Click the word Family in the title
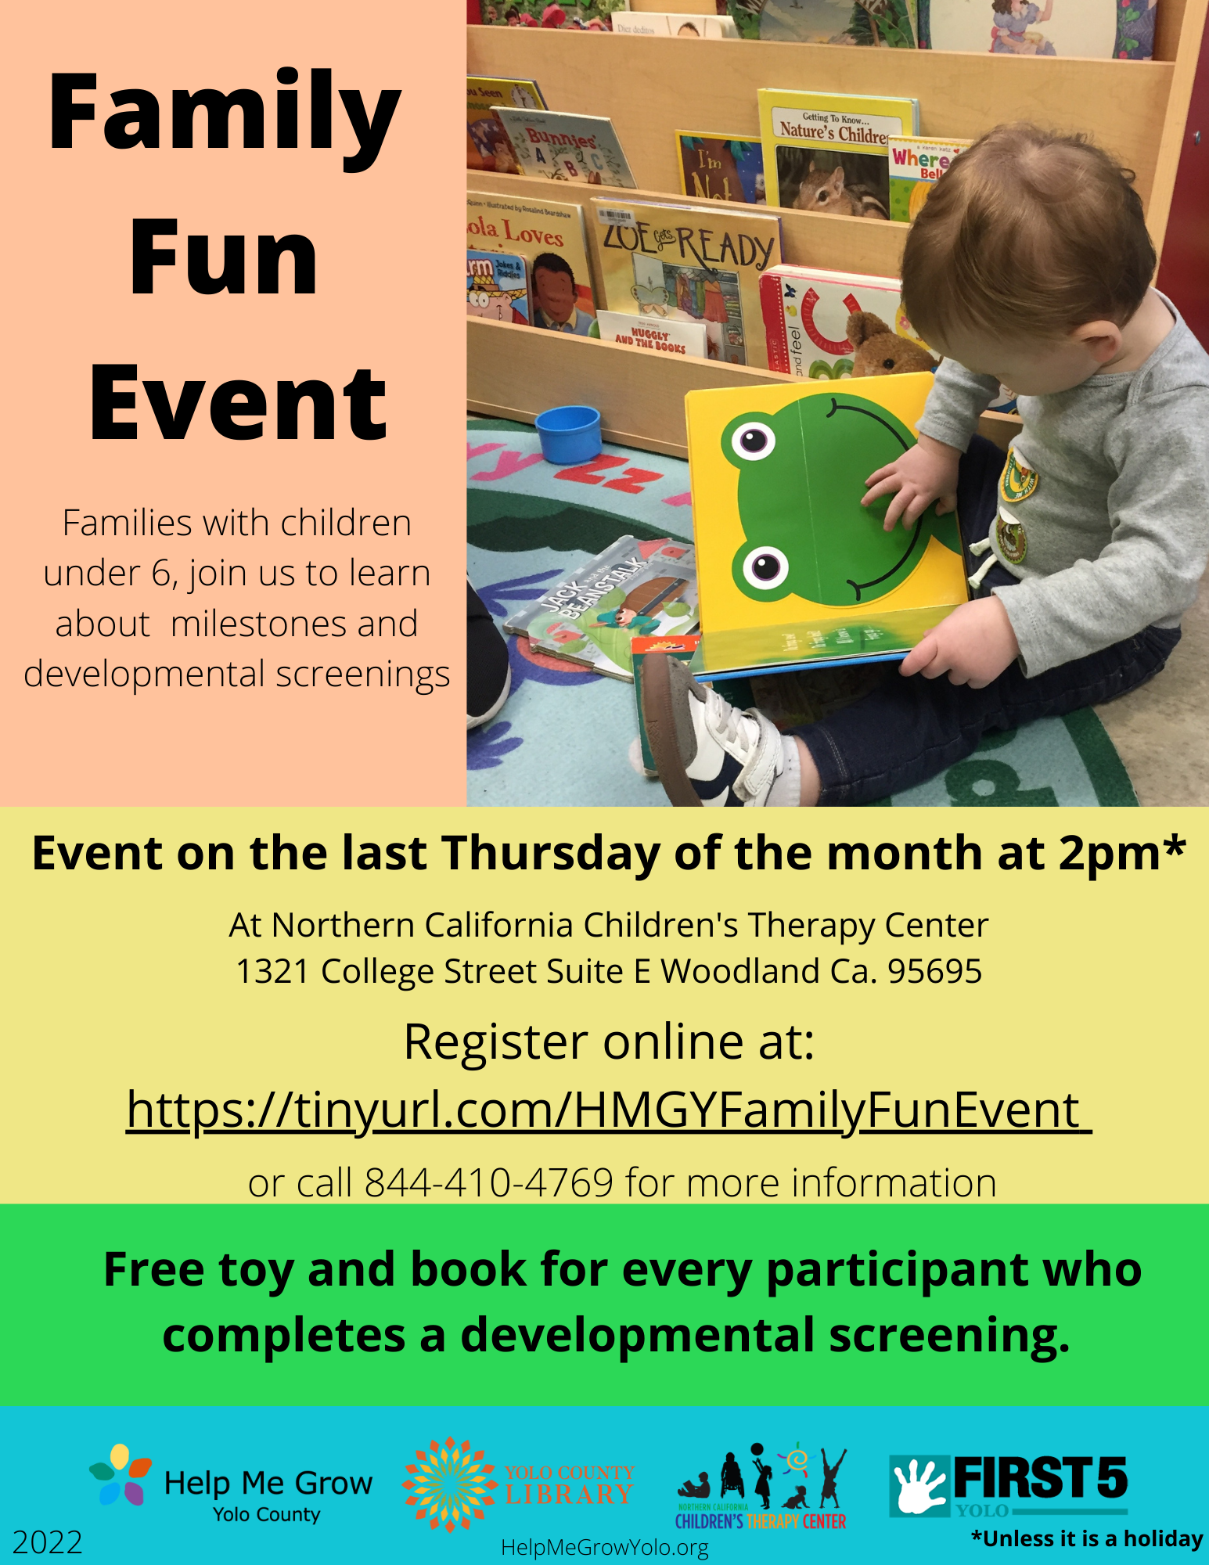pos(224,113)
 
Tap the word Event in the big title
pos(238,405)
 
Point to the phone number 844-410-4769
pos(488,1182)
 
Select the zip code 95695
pos(934,972)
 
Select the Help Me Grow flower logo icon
pos(120,1475)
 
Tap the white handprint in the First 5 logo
pos(918,1484)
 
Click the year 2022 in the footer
pos(48,1542)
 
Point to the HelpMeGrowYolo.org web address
pos(604,1547)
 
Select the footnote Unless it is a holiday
pos(1087,1539)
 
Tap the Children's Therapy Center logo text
pos(761,1520)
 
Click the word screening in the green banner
pos(948,1336)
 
